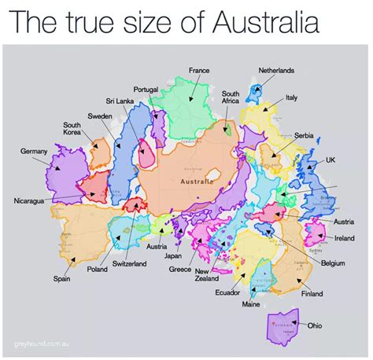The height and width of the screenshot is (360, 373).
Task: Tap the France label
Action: pyautogui.click(x=199, y=71)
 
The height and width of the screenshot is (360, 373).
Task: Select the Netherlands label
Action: pyautogui.click(x=276, y=71)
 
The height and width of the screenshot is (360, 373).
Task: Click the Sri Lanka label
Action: pyautogui.click(x=120, y=101)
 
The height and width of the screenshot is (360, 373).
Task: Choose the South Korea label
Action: pyautogui.click(x=76, y=129)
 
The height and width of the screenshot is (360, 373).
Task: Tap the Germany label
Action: pyautogui.click(x=34, y=150)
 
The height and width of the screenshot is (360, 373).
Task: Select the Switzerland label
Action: pyautogui.click(x=130, y=263)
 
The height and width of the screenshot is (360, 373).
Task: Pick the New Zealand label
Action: pyautogui.click(x=207, y=275)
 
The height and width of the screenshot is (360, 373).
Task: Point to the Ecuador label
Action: pyautogui.click(x=227, y=292)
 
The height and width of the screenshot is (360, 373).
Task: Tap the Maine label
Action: pyautogui.click(x=251, y=303)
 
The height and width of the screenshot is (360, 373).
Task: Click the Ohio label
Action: pyautogui.click(x=314, y=325)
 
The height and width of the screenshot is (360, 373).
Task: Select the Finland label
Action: pyautogui.click(x=312, y=293)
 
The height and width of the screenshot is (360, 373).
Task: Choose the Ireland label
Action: pyautogui.click(x=344, y=237)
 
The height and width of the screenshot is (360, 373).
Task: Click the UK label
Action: pyautogui.click(x=331, y=159)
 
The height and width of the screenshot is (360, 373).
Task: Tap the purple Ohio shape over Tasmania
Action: pyautogui.click(x=281, y=325)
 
